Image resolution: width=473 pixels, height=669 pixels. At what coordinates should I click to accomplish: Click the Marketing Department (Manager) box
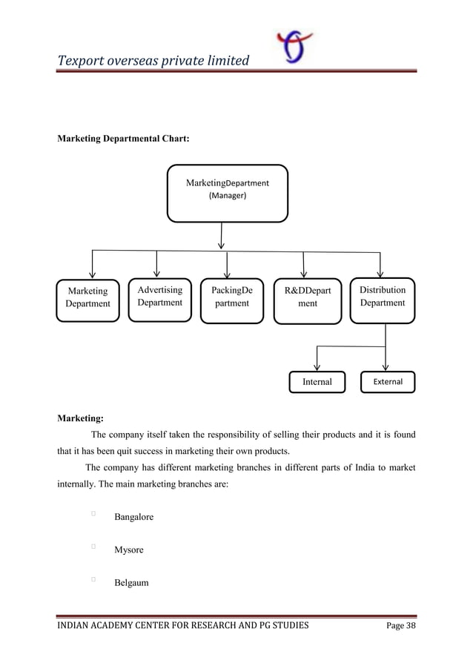(227, 193)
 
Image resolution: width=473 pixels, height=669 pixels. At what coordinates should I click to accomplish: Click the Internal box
(317, 382)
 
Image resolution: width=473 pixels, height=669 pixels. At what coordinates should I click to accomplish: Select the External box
(388, 382)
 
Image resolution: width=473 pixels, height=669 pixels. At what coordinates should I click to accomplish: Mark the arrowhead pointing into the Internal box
(317, 366)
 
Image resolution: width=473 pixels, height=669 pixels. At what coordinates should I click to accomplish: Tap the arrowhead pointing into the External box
(386, 366)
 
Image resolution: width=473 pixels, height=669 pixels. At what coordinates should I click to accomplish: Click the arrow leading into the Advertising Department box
(156, 264)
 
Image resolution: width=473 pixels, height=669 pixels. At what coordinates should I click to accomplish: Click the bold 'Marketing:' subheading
(81, 418)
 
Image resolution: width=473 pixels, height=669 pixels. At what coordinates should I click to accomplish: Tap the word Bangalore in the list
(133, 516)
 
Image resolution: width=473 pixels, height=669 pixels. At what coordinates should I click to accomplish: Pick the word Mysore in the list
(128, 550)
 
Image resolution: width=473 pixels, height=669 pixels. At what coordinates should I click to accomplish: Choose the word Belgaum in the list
(130, 583)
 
